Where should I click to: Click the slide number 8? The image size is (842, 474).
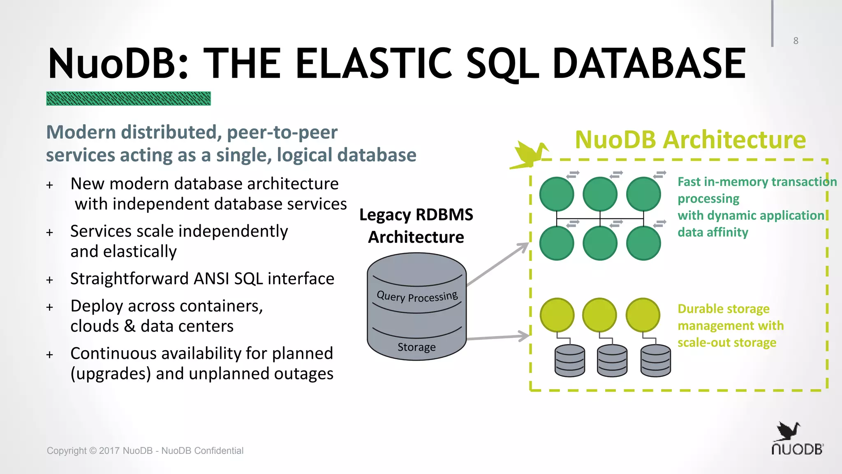pos(796,41)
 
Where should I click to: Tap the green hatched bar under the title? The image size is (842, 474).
pos(128,99)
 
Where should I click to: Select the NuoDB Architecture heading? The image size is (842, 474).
pos(690,140)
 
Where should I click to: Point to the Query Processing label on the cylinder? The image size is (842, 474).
pos(417,296)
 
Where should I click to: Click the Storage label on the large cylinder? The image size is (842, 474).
pos(416,347)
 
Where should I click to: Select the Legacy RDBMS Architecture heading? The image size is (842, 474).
pos(416,226)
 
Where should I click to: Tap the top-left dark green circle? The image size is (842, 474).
pos(557,194)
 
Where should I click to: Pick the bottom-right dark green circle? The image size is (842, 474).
pos(643,243)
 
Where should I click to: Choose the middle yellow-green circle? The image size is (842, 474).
pos(600,315)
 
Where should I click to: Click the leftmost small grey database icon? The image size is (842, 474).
pos(569,361)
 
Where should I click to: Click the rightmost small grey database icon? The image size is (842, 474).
pos(655,361)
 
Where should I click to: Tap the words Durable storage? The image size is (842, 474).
pos(723,309)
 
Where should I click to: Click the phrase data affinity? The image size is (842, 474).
pos(712,232)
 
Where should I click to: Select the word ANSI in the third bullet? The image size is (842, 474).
pos(211,279)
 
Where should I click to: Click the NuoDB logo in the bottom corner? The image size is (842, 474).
pos(796,439)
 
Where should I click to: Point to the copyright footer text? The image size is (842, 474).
pos(145,451)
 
